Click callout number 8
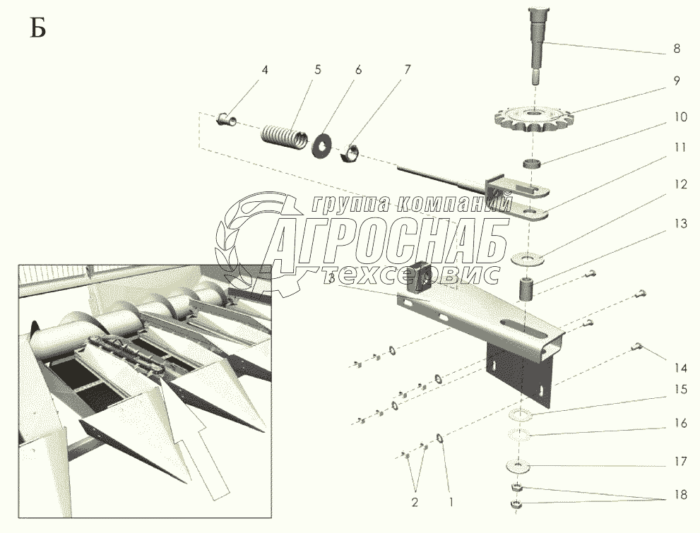676,50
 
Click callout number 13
680,224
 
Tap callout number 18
680,495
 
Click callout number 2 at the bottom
415,503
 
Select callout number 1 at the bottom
452,503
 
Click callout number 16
680,424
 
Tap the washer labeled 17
518,466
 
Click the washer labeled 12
532,256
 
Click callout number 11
680,148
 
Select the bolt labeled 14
637,345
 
